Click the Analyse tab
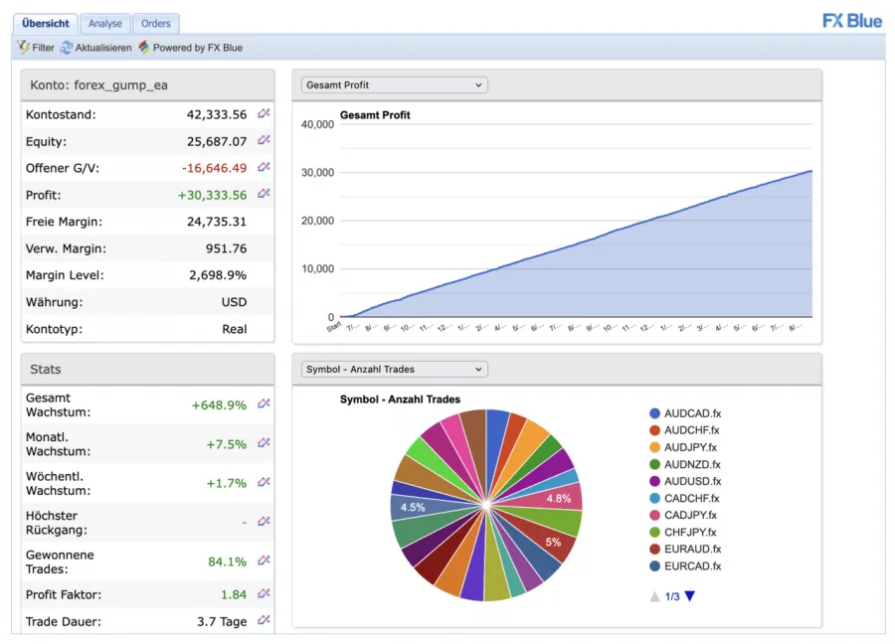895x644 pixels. coord(104,23)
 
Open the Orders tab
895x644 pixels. coord(155,23)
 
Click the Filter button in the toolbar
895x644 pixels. coord(36,48)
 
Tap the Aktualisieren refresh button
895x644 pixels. coord(95,48)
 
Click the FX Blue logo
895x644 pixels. coord(852,21)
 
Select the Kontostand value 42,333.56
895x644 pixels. coord(217,114)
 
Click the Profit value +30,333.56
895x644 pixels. coord(213,195)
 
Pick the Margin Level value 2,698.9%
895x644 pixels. coord(218,275)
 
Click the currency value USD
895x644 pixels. coord(234,302)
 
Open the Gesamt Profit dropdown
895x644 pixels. coord(395,85)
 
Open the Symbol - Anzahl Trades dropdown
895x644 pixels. coord(395,370)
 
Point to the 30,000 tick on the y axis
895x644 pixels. coord(317,173)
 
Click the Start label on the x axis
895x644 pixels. coord(333,327)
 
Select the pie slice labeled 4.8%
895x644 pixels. coord(559,498)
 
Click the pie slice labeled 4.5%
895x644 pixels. coord(413,507)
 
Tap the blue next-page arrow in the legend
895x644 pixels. coord(690,596)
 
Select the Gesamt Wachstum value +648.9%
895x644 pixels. coord(219,404)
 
